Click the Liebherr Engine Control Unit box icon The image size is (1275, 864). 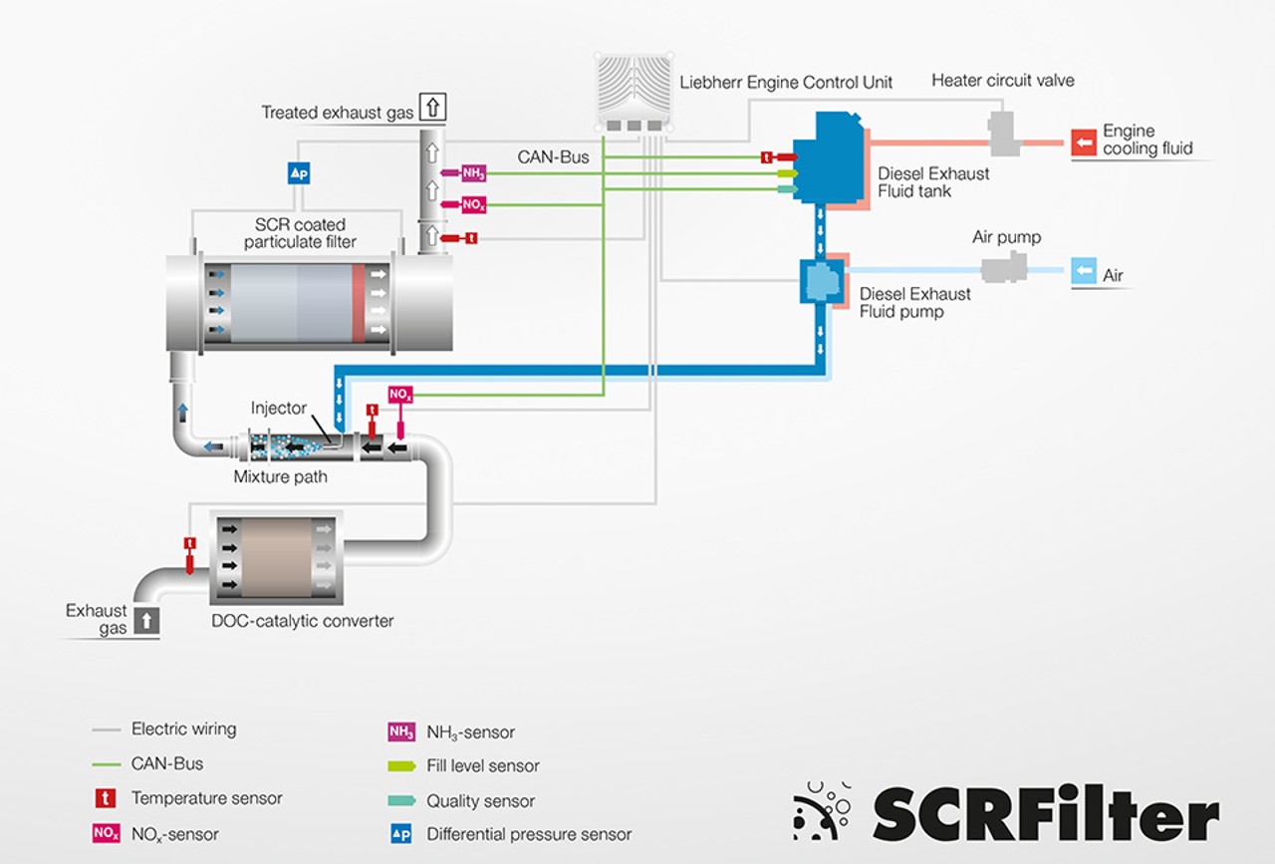coord(633,91)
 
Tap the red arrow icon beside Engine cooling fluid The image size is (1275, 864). coord(1084,142)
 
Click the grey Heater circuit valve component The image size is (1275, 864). coord(1001,135)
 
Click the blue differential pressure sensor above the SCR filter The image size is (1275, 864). coord(299,172)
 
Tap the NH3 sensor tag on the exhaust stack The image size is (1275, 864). coord(473,173)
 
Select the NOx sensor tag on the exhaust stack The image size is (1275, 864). coord(473,205)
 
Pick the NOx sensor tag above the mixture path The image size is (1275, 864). coord(400,396)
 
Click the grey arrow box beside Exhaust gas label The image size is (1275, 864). coord(145,620)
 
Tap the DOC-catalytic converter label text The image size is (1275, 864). coord(303,621)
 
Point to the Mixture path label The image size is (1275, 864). coord(280,476)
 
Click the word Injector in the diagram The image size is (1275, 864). coord(279,409)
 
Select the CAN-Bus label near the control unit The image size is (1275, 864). coord(553,157)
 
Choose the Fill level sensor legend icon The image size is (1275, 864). coord(401,766)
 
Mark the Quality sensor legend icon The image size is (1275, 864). coord(401,801)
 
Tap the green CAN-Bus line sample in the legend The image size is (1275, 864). coord(107,764)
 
